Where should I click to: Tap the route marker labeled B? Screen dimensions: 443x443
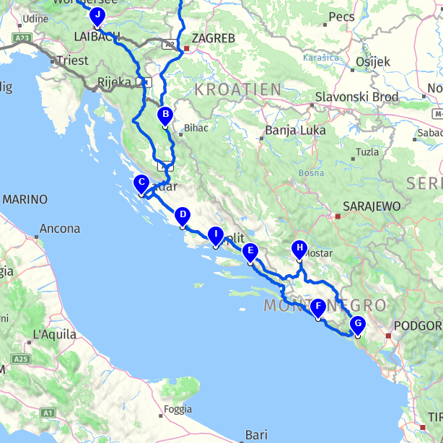point(165,115)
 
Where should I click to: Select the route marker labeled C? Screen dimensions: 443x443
point(141,183)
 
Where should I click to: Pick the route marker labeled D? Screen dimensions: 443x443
point(183,216)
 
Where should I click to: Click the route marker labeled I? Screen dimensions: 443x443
point(215,235)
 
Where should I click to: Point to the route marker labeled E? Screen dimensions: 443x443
point(250,253)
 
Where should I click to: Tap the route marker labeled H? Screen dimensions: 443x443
point(299,249)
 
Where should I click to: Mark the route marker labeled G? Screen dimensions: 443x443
point(357,325)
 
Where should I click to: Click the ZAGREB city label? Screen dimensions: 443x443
point(213,39)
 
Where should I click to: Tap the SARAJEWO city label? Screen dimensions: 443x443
point(372,206)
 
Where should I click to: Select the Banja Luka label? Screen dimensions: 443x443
point(295,131)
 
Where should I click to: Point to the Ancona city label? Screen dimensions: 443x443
point(61,229)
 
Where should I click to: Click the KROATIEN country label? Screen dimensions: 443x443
point(237,89)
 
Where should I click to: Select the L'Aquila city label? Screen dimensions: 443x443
point(55,335)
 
